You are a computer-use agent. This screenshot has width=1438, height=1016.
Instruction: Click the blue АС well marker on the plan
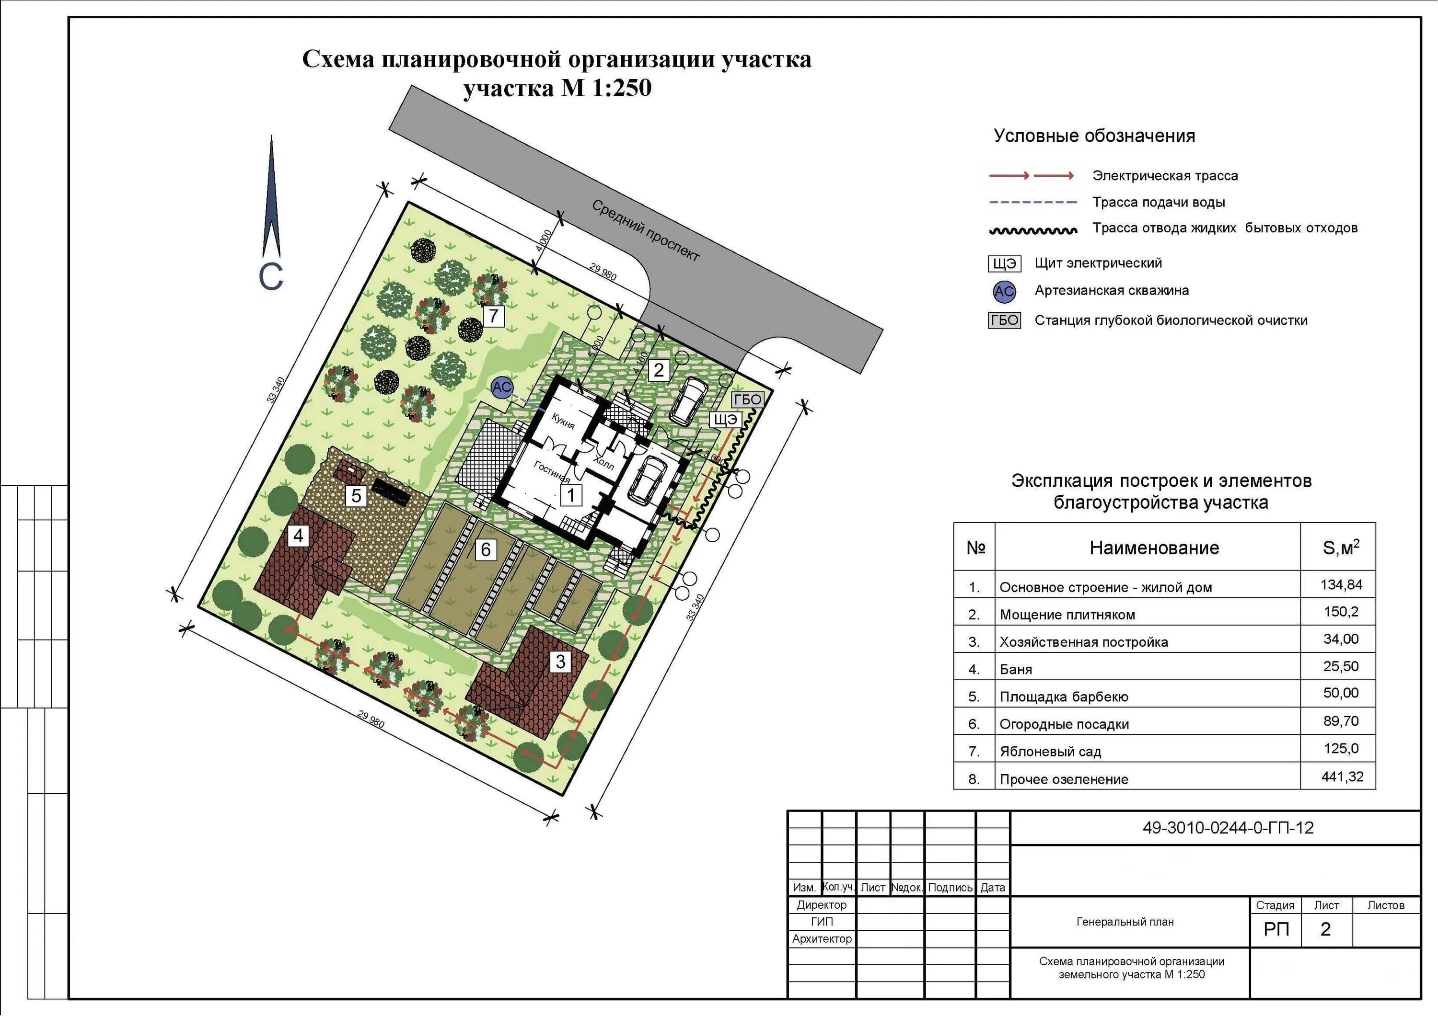(502, 388)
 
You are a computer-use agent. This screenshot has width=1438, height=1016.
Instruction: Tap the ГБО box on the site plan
(747, 400)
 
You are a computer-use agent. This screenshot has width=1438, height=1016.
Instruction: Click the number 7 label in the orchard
(494, 316)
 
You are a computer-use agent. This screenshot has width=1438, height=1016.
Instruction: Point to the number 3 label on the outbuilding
(560, 662)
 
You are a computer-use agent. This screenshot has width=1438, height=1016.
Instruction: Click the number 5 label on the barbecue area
(356, 496)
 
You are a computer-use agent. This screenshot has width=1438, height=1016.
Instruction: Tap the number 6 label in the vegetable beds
(486, 549)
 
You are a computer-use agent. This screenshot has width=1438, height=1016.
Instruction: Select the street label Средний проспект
(646, 230)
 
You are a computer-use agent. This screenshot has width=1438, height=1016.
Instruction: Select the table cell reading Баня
(1015, 669)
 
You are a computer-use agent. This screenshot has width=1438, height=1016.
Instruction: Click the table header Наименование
(1154, 548)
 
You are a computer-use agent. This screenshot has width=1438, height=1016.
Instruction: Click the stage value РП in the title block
(1276, 929)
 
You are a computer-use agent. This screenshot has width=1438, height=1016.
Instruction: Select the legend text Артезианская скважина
(1112, 290)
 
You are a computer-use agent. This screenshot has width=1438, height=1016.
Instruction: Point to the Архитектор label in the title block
(822, 938)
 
